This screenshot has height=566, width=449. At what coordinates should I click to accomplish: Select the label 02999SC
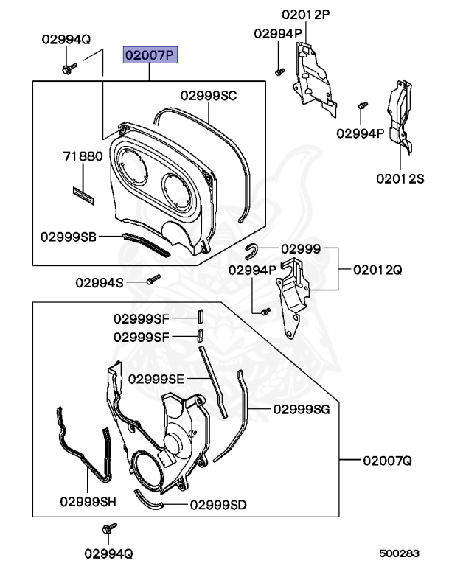pos(209,95)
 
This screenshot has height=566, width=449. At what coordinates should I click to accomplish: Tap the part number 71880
pos(82,157)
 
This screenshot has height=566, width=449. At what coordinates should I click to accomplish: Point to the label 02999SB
pos(69,237)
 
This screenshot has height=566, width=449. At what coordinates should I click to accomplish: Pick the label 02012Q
pos(377,270)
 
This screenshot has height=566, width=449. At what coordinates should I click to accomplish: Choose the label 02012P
pos(305,15)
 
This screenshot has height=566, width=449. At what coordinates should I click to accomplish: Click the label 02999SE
pos(156,379)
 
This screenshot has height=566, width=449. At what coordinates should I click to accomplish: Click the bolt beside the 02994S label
pos(153,280)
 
